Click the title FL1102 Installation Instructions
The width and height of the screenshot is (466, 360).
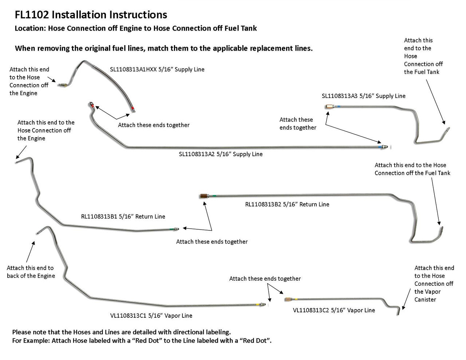[x=91, y=15]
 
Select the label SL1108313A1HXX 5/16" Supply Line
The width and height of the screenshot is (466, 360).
[x=157, y=69]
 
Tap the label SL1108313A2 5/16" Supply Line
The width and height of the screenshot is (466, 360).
[x=221, y=154]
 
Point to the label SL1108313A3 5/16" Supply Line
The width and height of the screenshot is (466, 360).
[x=363, y=96]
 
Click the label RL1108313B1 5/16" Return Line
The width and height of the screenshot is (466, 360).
[x=123, y=217]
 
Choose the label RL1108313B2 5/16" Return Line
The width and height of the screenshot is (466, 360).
[x=287, y=205]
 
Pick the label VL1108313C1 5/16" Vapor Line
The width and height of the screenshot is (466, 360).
[x=151, y=316]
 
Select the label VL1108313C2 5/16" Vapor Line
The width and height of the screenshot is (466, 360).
[x=334, y=310]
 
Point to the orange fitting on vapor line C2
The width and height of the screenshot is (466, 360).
[x=287, y=300]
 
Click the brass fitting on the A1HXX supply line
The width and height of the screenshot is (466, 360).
[x=63, y=84]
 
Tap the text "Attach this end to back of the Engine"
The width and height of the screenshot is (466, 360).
[x=31, y=272]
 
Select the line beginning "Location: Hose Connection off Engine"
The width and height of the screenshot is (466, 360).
[x=136, y=28]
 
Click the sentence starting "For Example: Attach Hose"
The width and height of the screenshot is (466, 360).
[x=142, y=341]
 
